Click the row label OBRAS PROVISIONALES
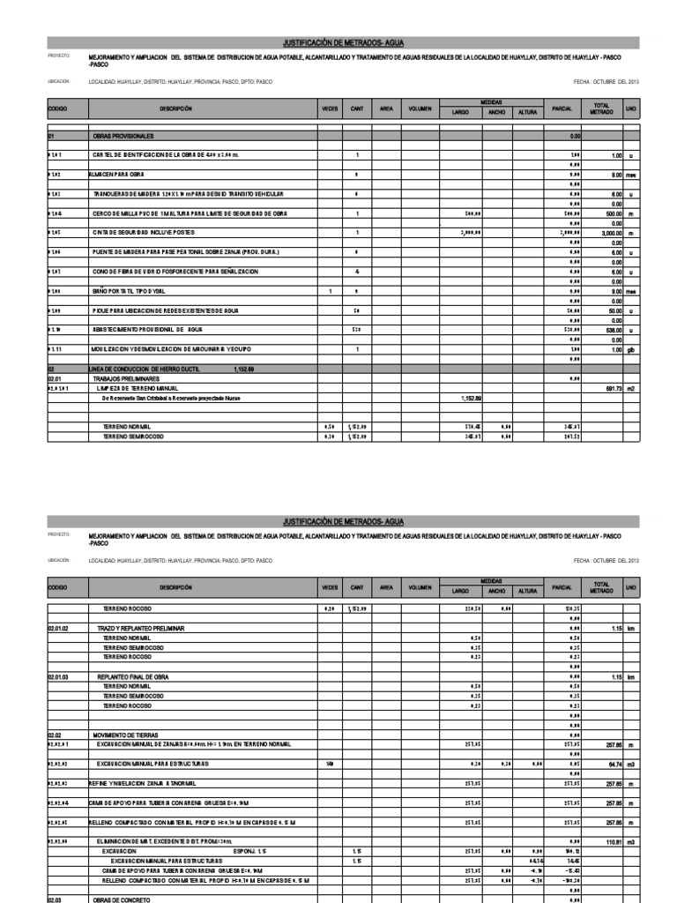pos(123,137)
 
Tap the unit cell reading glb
pos(630,349)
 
